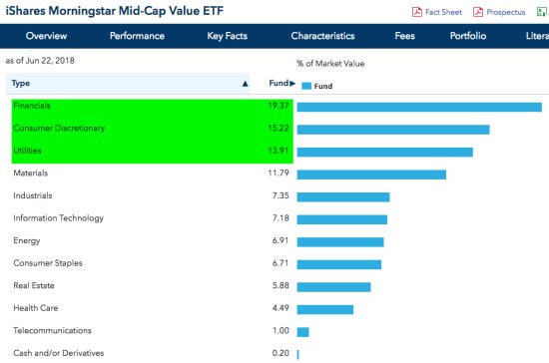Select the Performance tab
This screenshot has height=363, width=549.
137,36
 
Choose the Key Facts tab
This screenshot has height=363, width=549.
231,36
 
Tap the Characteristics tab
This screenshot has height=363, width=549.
322,36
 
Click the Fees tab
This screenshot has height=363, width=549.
404,36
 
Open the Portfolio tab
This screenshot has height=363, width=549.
467,36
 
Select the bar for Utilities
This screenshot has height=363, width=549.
384,152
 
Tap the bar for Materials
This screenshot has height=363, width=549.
371,174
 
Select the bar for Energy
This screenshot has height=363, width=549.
340,241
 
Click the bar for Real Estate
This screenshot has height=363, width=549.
333,286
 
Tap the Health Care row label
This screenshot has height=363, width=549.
36,308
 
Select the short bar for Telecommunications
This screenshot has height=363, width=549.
302,331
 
